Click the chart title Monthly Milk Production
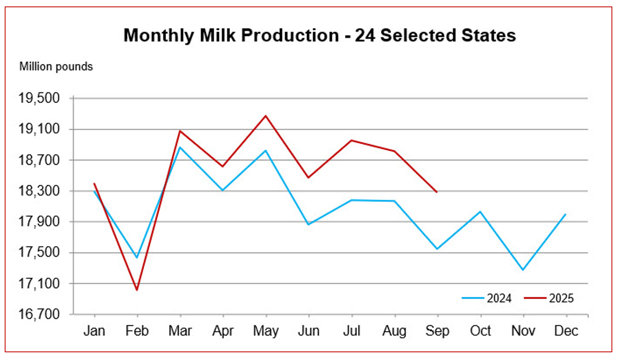coord(319,35)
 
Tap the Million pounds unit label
coord(56,67)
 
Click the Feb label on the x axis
coord(137,331)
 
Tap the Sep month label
coord(437,331)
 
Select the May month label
coord(266,331)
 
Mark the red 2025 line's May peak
coord(266,116)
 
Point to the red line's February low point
coord(137,290)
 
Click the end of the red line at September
coord(437,192)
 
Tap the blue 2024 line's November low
coord(523,270)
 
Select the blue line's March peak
coord(180,147)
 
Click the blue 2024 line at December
coord(565,214)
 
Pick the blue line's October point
coord(480,212)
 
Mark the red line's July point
coord(352,140)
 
